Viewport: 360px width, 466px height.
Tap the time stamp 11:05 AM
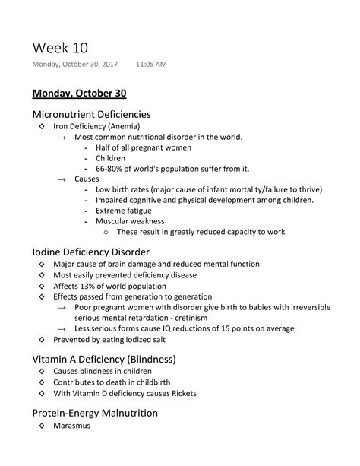pos(150,65)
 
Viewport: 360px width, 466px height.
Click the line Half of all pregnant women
pos(143,147)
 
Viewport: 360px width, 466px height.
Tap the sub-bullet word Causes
pos(87,179)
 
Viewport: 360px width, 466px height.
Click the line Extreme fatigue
pos(123,210)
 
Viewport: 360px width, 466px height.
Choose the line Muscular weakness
pos(131,220)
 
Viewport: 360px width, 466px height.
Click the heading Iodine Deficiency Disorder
pos(90,251)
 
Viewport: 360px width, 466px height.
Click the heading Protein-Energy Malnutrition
pos(95,413)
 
